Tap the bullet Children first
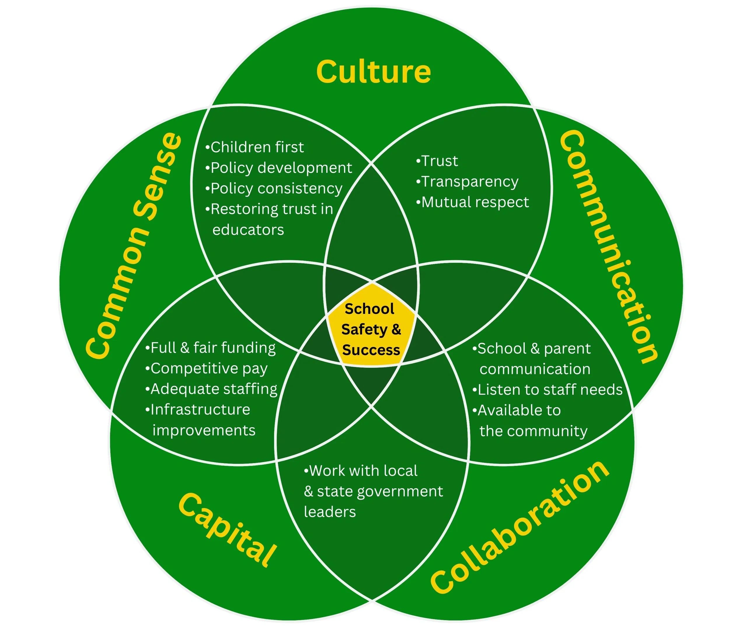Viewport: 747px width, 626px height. (x=255, y=147)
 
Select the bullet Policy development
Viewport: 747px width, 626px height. (x=279, y=167)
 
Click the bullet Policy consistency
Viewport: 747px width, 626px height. (x=274, y=188)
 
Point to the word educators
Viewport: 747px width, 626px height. (x=248, y=230)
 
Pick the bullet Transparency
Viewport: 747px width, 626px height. (x=467, y=181)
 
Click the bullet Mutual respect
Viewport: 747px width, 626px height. (x=473, y=202)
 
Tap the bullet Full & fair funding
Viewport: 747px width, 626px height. (x=211, y=347)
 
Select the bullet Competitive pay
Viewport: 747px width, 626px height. (x=206, y=368)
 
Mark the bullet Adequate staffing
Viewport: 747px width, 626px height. (x=211, y=389)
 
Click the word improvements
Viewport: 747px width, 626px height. (x=204, y=430)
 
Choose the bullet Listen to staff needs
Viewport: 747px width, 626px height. (x=547, y=389)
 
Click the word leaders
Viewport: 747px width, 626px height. (x=330, y=512)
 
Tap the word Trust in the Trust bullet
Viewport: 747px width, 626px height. (x=440, y=161)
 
